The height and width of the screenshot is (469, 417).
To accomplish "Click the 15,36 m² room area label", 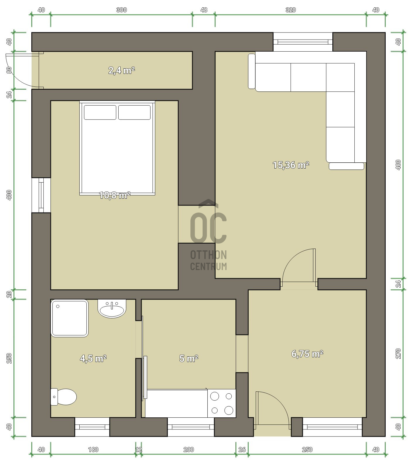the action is pyautogui.click(x=291, y=165).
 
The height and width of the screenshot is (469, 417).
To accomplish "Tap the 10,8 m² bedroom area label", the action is pyautogui.click(x=115, y=195).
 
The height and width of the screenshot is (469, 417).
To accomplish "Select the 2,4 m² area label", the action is pyautogui.click(x=122, y=70).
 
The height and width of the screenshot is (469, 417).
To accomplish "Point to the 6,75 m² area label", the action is pyautogui.click(x=307, y=354).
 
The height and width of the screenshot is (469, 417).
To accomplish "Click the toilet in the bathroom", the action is pyautogui.click(x=64, y=397).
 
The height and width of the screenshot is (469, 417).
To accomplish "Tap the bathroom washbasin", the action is pyautogui.click(x=112, y=309).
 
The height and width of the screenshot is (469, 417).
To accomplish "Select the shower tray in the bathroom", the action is pyautogui.click(x=69, y=318).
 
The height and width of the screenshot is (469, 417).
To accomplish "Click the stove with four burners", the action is pyautogui.click(x=222, y=403).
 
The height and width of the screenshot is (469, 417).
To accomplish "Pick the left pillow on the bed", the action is pyautogui.click(x=100, y=112).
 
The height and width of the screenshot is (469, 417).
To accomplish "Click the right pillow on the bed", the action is pyautogui.click(x=134, y=112).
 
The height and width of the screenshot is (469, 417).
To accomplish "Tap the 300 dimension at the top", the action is pyautogui.click(x=122, y=10).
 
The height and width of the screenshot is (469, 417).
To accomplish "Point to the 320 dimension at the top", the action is pyautogui.click(x=290, y=10).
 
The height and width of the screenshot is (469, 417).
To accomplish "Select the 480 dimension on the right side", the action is pyautogui.click(x=398, y=165).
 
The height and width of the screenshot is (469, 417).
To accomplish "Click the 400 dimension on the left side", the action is pyautogui.click(x=9, y=195).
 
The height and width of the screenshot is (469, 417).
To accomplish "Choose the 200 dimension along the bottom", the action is pyautogui.click(x=189, y=449).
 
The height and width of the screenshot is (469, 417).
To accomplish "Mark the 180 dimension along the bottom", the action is pyautogui.click(x=93, y=449).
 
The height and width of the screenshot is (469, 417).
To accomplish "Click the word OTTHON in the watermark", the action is pyautogui.click(x=208, y=255).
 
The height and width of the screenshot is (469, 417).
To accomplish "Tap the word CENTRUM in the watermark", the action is pyautogui.click(x=208, y=266).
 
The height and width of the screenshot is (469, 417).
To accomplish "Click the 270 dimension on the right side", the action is pyautogui.click(x=398, y=354).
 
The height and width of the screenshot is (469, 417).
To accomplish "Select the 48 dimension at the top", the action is pyautogui.click(x=204, y=10).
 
